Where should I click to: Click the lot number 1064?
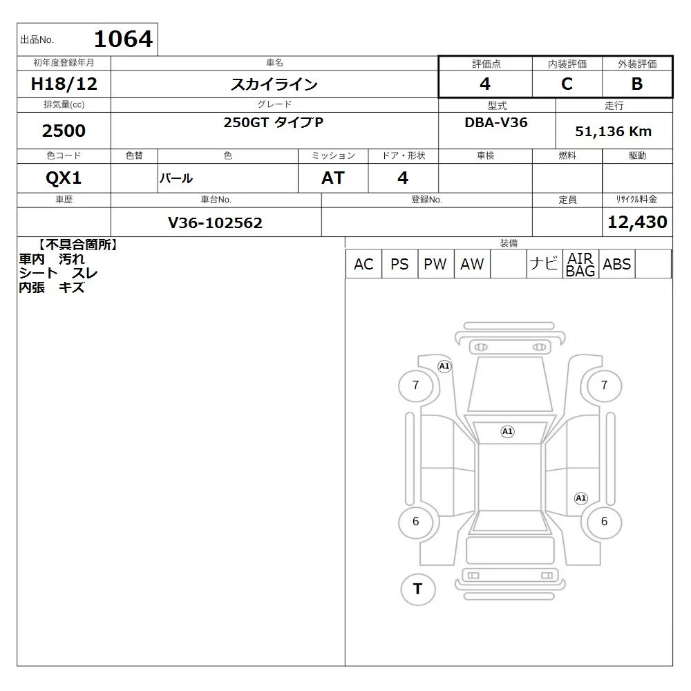pyautogui.click(x=124, y=39)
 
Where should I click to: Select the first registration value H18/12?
pyautogui.click(x=64, y=84)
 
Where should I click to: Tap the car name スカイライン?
pyautogui.click(x=274, y=84)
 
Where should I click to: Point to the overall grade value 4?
pyautogui.click(x=485, y=84)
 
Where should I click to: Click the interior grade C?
pyautogui.click(x=567, y=84)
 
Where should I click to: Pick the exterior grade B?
pyautogui.click(x=637, y=84)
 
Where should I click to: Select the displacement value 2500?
pyautogui.click(x=64, y=131)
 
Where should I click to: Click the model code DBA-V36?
pyautogui.click(x=495, y=122)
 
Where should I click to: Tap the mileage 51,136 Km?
pyautogui.click(x=613, y=131)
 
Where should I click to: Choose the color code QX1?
pyautogui.click(x=64, y=178)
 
